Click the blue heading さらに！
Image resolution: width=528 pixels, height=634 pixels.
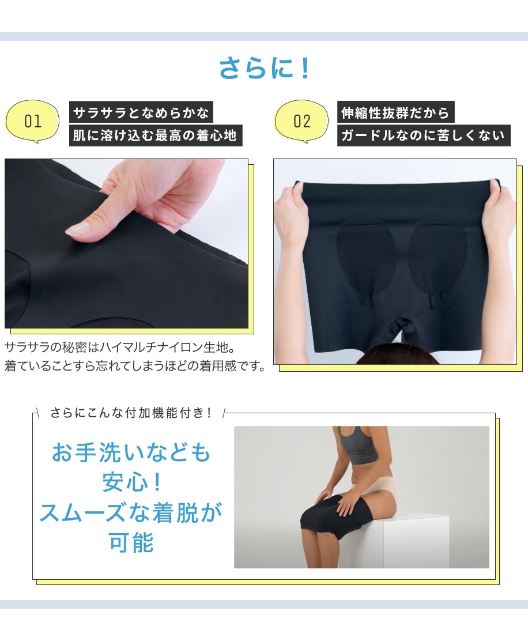pos(265,68)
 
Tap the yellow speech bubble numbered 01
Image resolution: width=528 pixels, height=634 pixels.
pos(32,121)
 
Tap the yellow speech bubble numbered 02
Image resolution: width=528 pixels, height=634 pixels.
pos(301,121)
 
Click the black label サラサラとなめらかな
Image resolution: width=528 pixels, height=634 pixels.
pos(141,112)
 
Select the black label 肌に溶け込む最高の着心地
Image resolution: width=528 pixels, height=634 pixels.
pos(156,135)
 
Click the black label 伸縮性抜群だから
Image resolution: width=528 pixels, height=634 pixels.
pos(396,112)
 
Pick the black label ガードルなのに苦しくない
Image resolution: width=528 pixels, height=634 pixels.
pos(424,135)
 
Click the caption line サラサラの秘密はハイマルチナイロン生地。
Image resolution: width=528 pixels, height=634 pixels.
pos(120,347)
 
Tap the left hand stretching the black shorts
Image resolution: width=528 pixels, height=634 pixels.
pos(291,210)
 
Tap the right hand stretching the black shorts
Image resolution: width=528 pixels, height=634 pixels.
pos(499,210)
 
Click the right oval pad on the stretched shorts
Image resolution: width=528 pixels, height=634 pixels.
pos(438,259)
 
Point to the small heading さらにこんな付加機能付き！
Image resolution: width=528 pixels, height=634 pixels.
pos(131,413)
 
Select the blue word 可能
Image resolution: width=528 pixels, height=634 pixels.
pos(131,542)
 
